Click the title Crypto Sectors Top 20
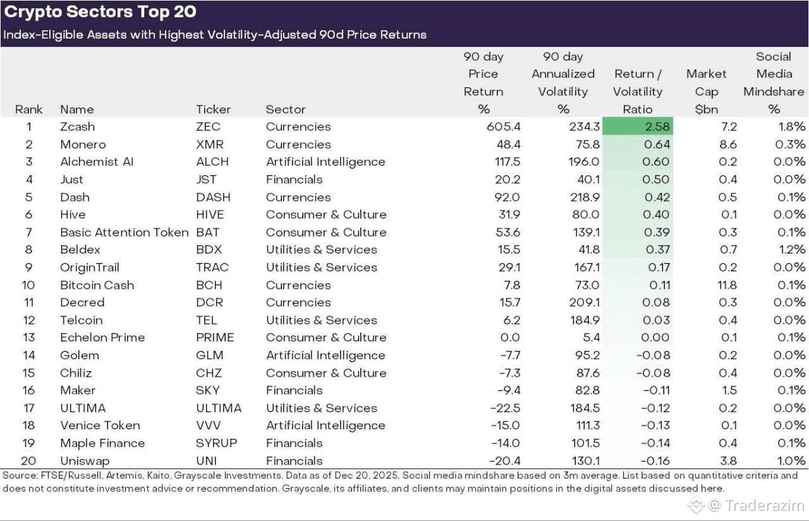tap(100, 12)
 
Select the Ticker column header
tap(213, 109)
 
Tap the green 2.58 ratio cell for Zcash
tap(638, 126)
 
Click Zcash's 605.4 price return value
tap(504, 126)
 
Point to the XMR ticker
tap(209, 144)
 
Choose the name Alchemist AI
tap(97, 161)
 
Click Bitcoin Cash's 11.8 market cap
tap(727, 285)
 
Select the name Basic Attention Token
tap(125, 232)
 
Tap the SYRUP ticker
tap(216, 443)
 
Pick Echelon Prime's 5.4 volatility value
tap(591, 338)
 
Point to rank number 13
tap(29, 338)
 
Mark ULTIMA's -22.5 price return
tap(505, 408)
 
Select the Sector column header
tap(285, 109)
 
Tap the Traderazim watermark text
tap(765, 505)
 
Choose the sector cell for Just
tap(294, 179)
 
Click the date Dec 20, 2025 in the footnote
tap(365, 475)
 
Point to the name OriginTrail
tap(90, 267)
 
